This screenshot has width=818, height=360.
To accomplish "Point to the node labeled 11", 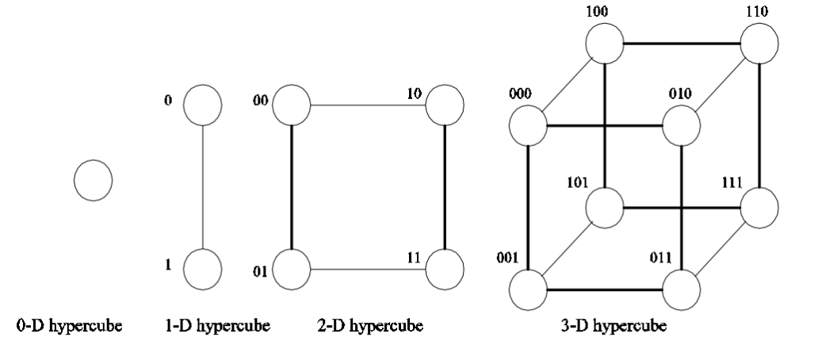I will pyautogui.click(x=445, y=269).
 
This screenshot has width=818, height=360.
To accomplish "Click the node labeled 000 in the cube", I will pyautogui.click(x=528, y=125).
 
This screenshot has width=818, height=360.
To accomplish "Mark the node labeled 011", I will pyautogui.click(x=682, y=290).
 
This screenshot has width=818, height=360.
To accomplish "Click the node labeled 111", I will pyautogui.click(x=759, y=208).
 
